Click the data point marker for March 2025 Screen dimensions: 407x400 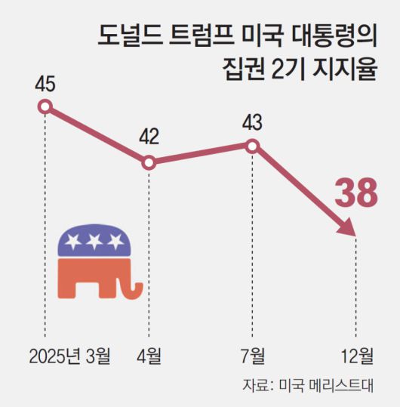(45, 106)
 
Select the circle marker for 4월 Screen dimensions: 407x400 (149, 162)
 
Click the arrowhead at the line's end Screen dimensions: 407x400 (348, 228)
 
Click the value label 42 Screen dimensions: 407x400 (149, 137)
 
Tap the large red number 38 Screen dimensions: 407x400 (355, 193)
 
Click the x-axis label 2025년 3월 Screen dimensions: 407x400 (70, 354)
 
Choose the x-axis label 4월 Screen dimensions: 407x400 (149, 354)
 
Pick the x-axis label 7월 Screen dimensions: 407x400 (253, 354)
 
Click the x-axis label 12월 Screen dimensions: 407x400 (356, 354)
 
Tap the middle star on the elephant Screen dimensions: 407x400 (94, 242)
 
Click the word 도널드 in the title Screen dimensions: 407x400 (125, 35)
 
